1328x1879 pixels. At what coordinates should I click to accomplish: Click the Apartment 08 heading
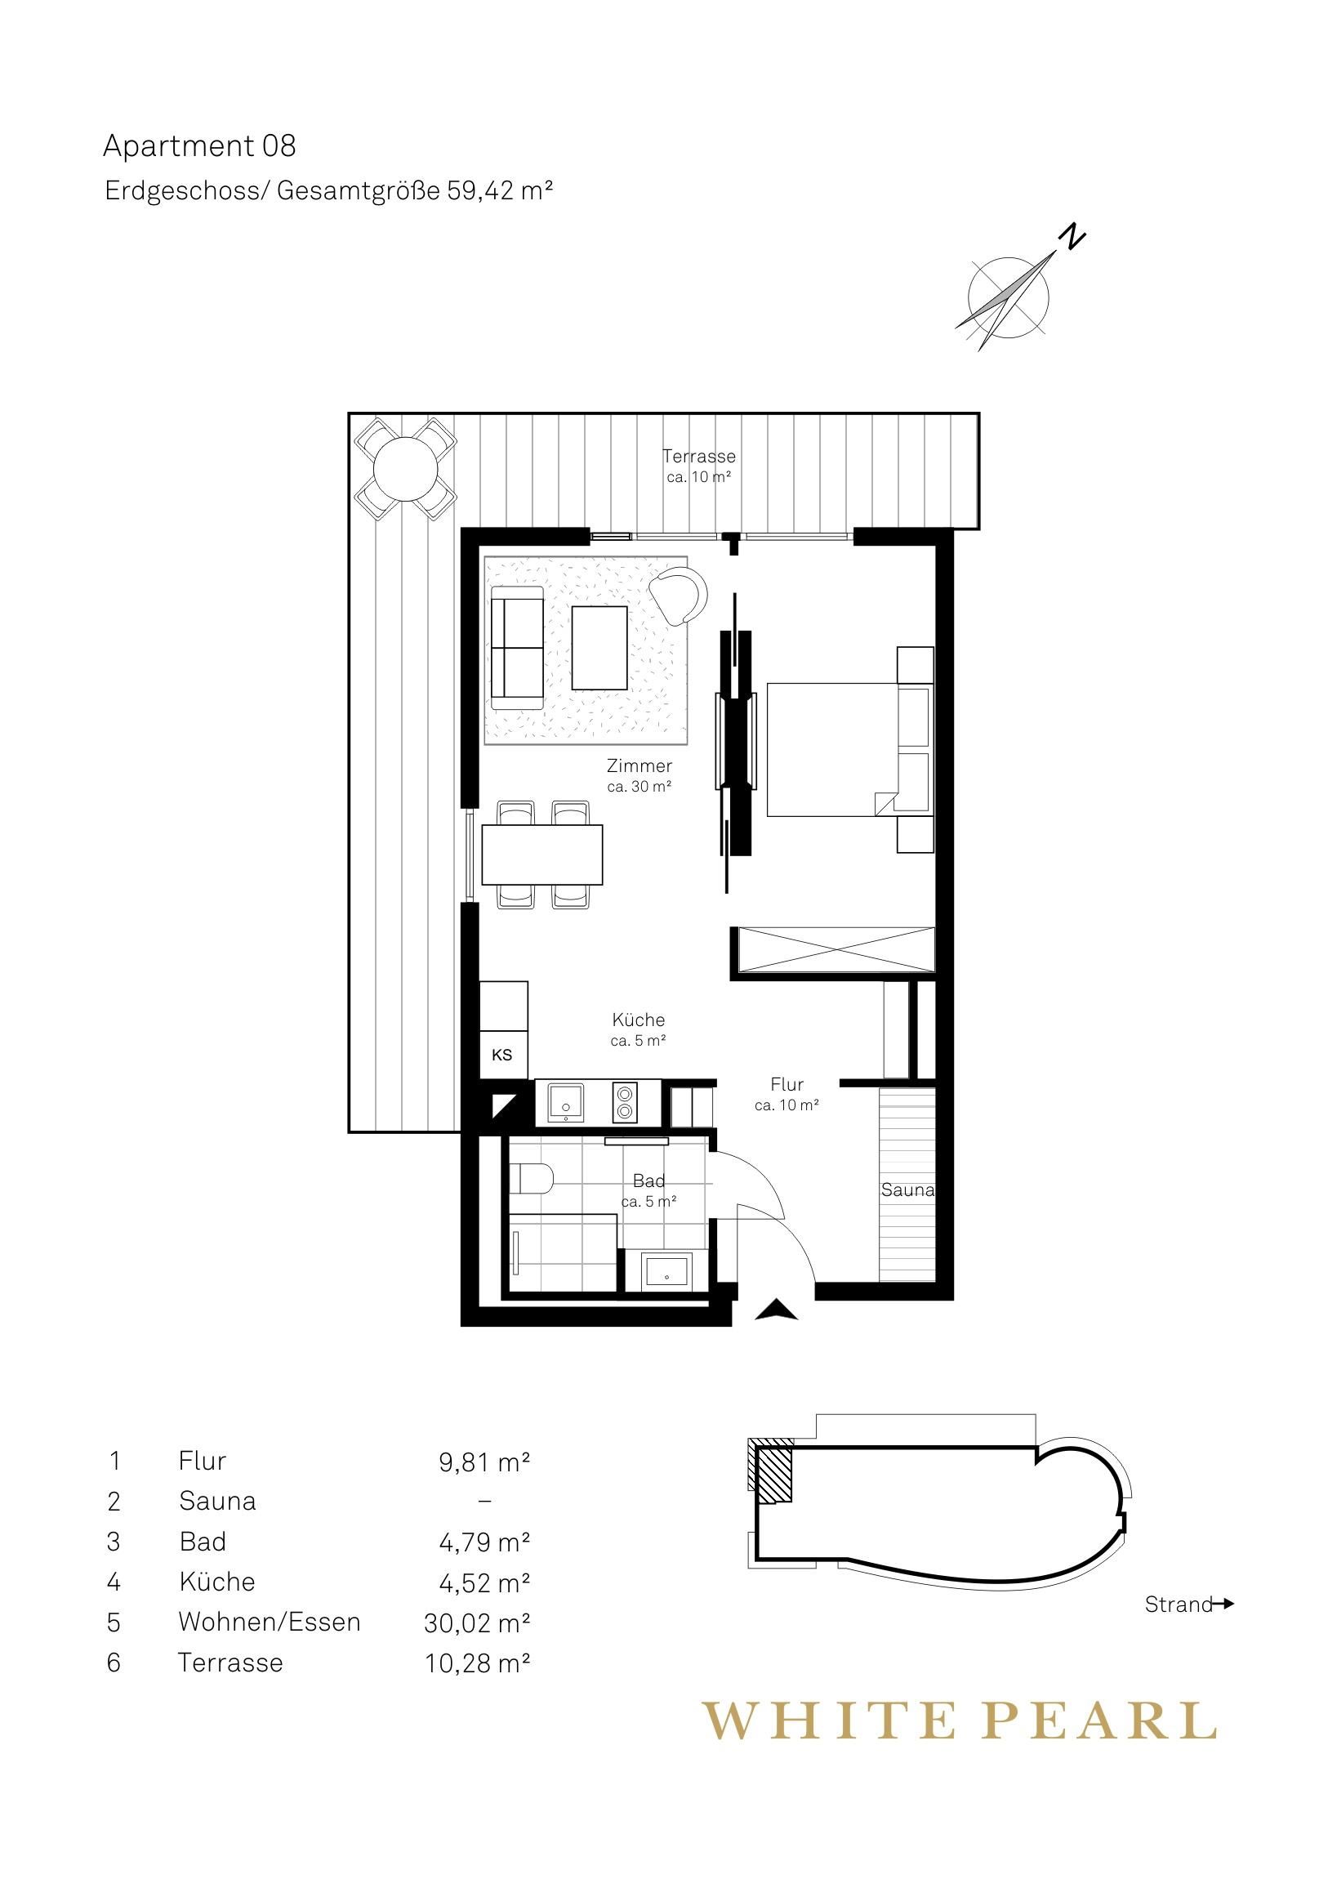(198, 146)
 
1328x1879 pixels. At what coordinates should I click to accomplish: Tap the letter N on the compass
(1071, 237)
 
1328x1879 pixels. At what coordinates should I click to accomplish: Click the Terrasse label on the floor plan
(699, 456)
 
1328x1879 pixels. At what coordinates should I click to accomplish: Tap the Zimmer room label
(639, 766)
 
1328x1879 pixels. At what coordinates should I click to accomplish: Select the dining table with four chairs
(542, 855)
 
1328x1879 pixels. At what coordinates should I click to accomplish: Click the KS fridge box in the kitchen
(502, 1055)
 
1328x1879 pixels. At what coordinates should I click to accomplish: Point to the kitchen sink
(565, 1102)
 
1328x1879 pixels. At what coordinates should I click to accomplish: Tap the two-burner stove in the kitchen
(624, 1102)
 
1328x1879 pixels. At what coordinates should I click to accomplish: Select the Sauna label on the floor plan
(907, 1190)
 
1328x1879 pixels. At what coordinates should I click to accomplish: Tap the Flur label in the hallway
(787, 1084)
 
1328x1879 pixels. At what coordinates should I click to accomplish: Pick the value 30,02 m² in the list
(477, 1622)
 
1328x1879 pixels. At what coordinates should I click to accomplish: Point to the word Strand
(1179, 1604)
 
